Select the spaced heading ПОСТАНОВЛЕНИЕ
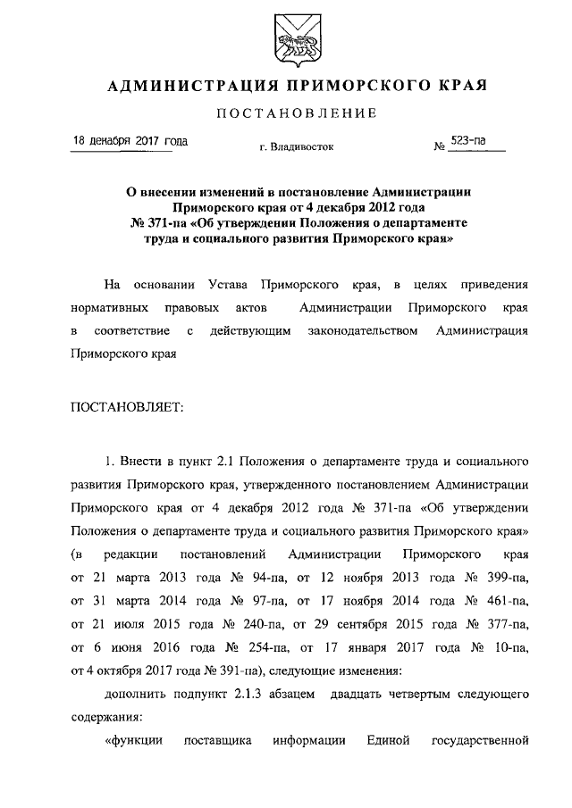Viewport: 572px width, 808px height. (x=297, y=113)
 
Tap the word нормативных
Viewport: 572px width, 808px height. (x=110, y=308)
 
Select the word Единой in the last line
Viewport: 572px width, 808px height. (x=387, y=739)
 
